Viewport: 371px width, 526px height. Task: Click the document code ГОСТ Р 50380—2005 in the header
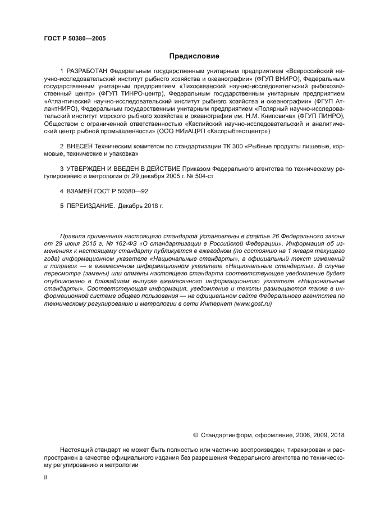coord(74,38)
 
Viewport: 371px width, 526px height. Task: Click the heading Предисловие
coord(194,56)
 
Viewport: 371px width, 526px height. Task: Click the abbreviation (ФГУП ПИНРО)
coord(322,116)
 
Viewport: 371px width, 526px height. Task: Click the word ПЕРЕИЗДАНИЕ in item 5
coord(90,206)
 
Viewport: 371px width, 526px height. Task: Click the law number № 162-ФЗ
coord(107,244)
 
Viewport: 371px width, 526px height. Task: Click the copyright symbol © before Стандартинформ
coord(195,434)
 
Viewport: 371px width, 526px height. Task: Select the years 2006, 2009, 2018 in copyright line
coord(320,434)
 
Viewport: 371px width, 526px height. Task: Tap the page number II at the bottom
coord(45,477)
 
